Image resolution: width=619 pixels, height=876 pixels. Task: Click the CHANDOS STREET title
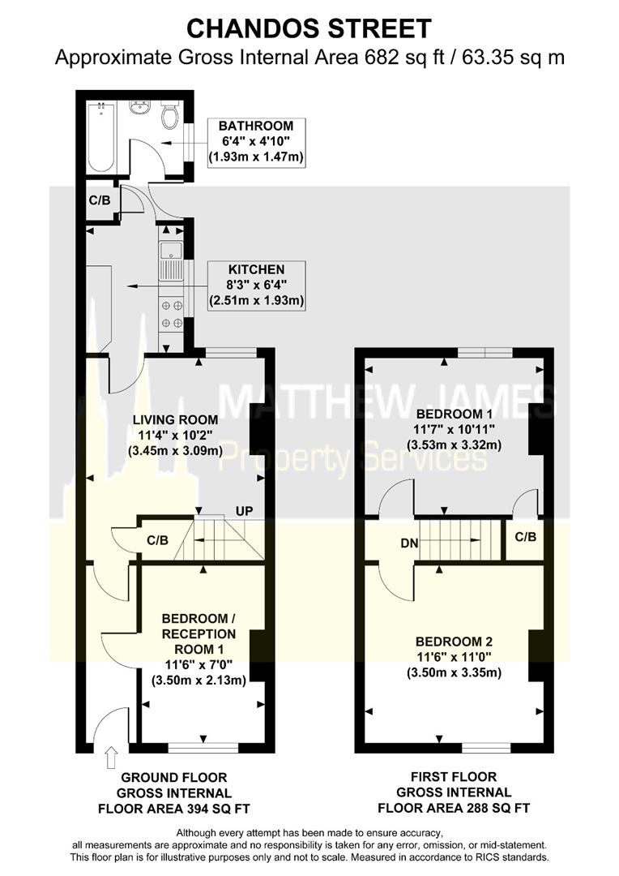tap(309, 28)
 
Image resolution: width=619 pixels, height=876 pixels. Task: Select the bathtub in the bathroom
tap(101, 137)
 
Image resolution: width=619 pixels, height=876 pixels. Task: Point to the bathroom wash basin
tap(140, 107)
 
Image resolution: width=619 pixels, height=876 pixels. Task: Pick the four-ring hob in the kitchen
tap(171, 314)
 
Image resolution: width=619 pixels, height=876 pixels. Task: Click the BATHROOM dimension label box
tap(256, 141)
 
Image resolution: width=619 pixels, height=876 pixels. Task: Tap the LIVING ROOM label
tap(175, 419)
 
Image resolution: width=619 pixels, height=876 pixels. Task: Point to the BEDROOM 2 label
tap(454, 642)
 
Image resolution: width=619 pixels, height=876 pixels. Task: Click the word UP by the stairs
tap(244, 511)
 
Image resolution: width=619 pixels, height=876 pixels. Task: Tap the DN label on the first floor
tap(409, 543)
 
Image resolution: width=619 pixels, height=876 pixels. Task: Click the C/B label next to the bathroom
tap(100, 200)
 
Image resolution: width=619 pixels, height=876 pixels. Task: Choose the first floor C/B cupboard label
tap(525, 537)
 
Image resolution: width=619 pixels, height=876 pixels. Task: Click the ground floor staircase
tap(218, 539)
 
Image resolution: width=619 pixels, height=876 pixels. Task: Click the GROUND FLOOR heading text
tap(174, 777)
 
